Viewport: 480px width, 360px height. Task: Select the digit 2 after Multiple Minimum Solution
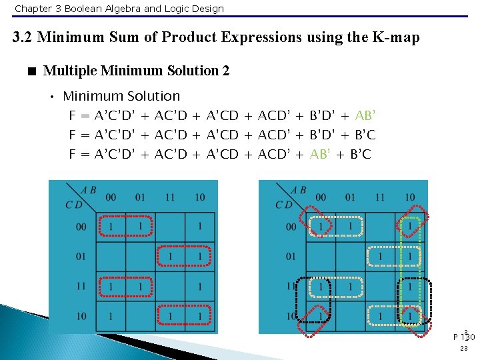click(x=225, y=71)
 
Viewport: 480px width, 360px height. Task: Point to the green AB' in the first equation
click(x=366, y=115)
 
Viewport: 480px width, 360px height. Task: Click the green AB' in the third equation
click(x=321, y=155)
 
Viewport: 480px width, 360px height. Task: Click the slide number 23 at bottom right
click(x=465, y=348)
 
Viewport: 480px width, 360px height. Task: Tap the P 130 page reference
click(x=464, y=336)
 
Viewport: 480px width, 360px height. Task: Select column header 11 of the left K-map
click(x=169, y=197)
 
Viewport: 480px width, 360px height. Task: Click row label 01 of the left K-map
click(x=81, y=257)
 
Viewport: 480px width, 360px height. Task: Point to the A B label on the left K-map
click(x=89, y=190)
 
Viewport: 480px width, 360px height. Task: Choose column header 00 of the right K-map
click(x=321, y=197)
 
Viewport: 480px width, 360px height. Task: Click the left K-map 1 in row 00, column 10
click(x=199, y=227)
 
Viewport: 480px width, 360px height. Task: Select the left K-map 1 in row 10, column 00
click(x=111, y=315)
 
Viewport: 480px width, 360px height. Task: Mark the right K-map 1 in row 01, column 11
click(x=380, y=257)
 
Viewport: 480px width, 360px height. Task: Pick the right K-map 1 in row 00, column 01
click(x=350, y=227)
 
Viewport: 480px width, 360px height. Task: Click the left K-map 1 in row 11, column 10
click(x=199, y=286)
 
